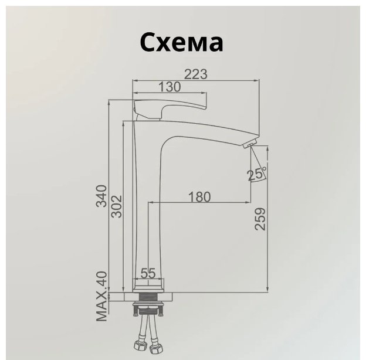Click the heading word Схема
tap(181, 43)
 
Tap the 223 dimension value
tap(196, 74)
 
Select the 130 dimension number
tap(170, 87)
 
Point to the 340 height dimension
tap(101, 196)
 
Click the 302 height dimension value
tap(116, 206)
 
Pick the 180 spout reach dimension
tap(199, 196)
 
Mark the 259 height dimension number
tap(260, 219)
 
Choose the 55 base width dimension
tap(148, 273)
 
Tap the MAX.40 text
tap(101, 296)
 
